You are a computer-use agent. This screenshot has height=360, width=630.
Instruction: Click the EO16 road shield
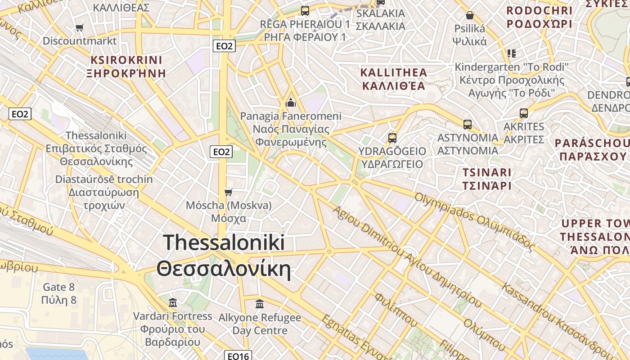click(238, 356)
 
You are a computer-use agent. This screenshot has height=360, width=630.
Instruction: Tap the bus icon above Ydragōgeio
click(392, 138)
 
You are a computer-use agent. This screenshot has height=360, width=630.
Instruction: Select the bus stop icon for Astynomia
click(468, 125)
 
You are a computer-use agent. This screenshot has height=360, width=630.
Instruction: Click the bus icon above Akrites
click(524, 113)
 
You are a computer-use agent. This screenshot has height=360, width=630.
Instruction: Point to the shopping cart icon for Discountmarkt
click(80, 28)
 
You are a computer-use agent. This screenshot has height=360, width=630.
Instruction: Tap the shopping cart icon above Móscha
click(229, 193)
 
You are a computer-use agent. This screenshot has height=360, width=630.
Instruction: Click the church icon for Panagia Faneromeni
click(291, 103)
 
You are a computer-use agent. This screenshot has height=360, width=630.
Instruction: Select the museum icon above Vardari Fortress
click(172, 302)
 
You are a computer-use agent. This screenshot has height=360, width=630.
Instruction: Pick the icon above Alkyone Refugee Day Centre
click(260, 304)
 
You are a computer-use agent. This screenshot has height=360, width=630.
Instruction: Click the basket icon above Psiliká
click(470, 16)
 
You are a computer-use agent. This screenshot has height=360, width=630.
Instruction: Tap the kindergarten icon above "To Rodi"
click(511, 54)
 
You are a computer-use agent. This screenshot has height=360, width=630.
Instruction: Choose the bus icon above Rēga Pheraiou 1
click(305, 11)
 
